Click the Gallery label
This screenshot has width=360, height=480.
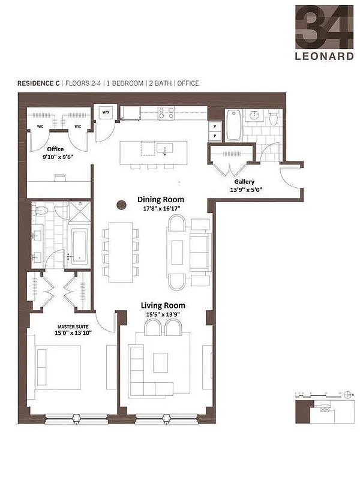pos(244,181)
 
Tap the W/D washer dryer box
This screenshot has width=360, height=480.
pos(106,112)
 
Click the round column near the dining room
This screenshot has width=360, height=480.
pos(121,205)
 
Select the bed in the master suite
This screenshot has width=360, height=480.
pos(58,368)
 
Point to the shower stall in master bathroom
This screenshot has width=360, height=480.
pos(77,212)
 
